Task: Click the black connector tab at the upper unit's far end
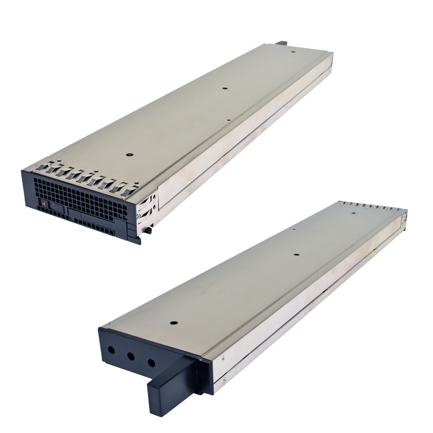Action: tap(281, 43)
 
